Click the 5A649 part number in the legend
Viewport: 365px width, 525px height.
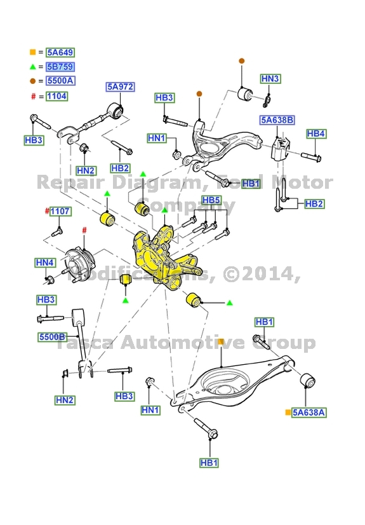[x=60, y=52]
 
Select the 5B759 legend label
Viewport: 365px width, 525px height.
[x=60, y=67]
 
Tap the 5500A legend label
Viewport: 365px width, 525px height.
[x=60, y=81]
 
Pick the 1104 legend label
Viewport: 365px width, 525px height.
[x=56, y=96]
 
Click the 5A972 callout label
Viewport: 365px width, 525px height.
[x=120, y=87]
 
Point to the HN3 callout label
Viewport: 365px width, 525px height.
[x=270, y=79]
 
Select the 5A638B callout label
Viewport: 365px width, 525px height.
[x=276, y=120]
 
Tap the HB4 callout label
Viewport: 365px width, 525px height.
[x=315, y=133]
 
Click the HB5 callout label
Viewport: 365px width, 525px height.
[x=211, y=201]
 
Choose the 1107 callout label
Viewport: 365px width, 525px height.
[x=60, y=211]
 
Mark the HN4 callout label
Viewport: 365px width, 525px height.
[x=45, y=262]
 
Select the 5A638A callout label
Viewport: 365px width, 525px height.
[x=309, y=412]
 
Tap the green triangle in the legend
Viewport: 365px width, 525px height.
[x=32, y=67]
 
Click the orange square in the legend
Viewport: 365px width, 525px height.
[x=32, y=52]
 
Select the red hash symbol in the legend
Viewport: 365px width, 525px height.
[x=32, y=96]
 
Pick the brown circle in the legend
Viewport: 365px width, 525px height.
[x=32, y=81]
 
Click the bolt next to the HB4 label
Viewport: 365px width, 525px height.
[x=309, y=155]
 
